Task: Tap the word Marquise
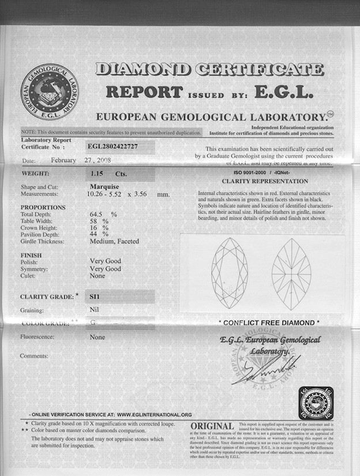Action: [104, 186]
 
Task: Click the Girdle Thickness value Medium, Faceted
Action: [114, 241]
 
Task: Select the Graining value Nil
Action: [95, 310]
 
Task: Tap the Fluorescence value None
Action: [97, 337]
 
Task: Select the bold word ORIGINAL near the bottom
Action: [212, 426]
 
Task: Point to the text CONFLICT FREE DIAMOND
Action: [269, 323]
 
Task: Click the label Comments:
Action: [34, 356]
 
